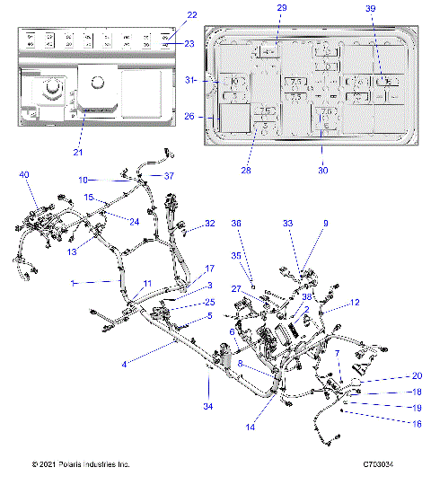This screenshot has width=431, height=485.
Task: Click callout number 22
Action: coord(191,14)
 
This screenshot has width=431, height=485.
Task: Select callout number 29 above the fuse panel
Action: coord(281,8)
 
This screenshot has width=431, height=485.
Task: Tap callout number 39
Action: coord(371,8)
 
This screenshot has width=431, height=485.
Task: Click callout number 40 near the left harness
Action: coord(23,174)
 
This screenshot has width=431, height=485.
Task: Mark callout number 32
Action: coord(210,223)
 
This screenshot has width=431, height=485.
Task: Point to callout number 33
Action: coord(288,224)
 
